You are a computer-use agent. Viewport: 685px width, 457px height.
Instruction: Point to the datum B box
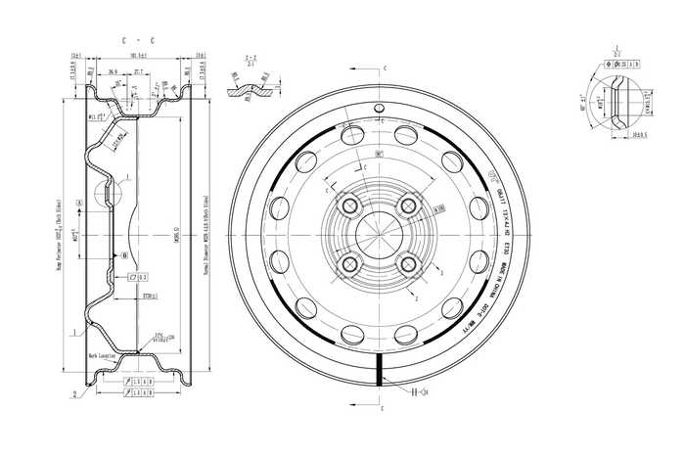[124, 254]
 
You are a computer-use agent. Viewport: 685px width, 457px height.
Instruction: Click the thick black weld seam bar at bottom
[378, 372]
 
